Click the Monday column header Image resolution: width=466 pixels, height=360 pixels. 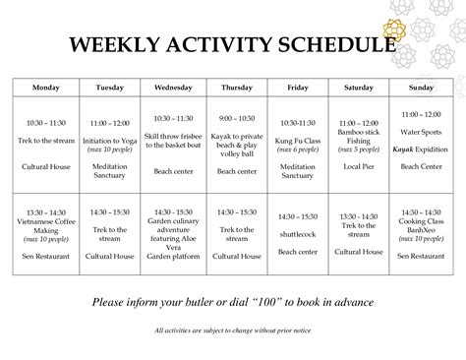(x=46, y=88)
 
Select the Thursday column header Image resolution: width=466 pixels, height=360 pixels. (x=236, y=88)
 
